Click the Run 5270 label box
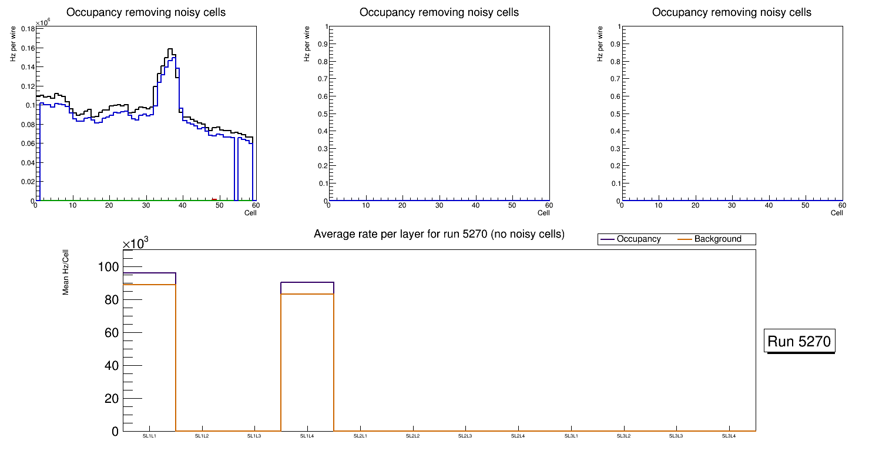[799, 341]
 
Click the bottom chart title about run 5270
[439, 234]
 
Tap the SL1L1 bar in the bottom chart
[149, 353]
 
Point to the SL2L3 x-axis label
[465, 436]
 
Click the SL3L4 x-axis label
[729, 436]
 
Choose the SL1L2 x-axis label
[202, 436]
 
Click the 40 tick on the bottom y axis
[111, 366]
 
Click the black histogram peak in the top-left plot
[170, 49]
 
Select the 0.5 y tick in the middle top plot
[320, 113]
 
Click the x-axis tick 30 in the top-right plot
[732, 205]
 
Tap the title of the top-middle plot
[439, 12]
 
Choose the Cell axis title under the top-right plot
[837, 213]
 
